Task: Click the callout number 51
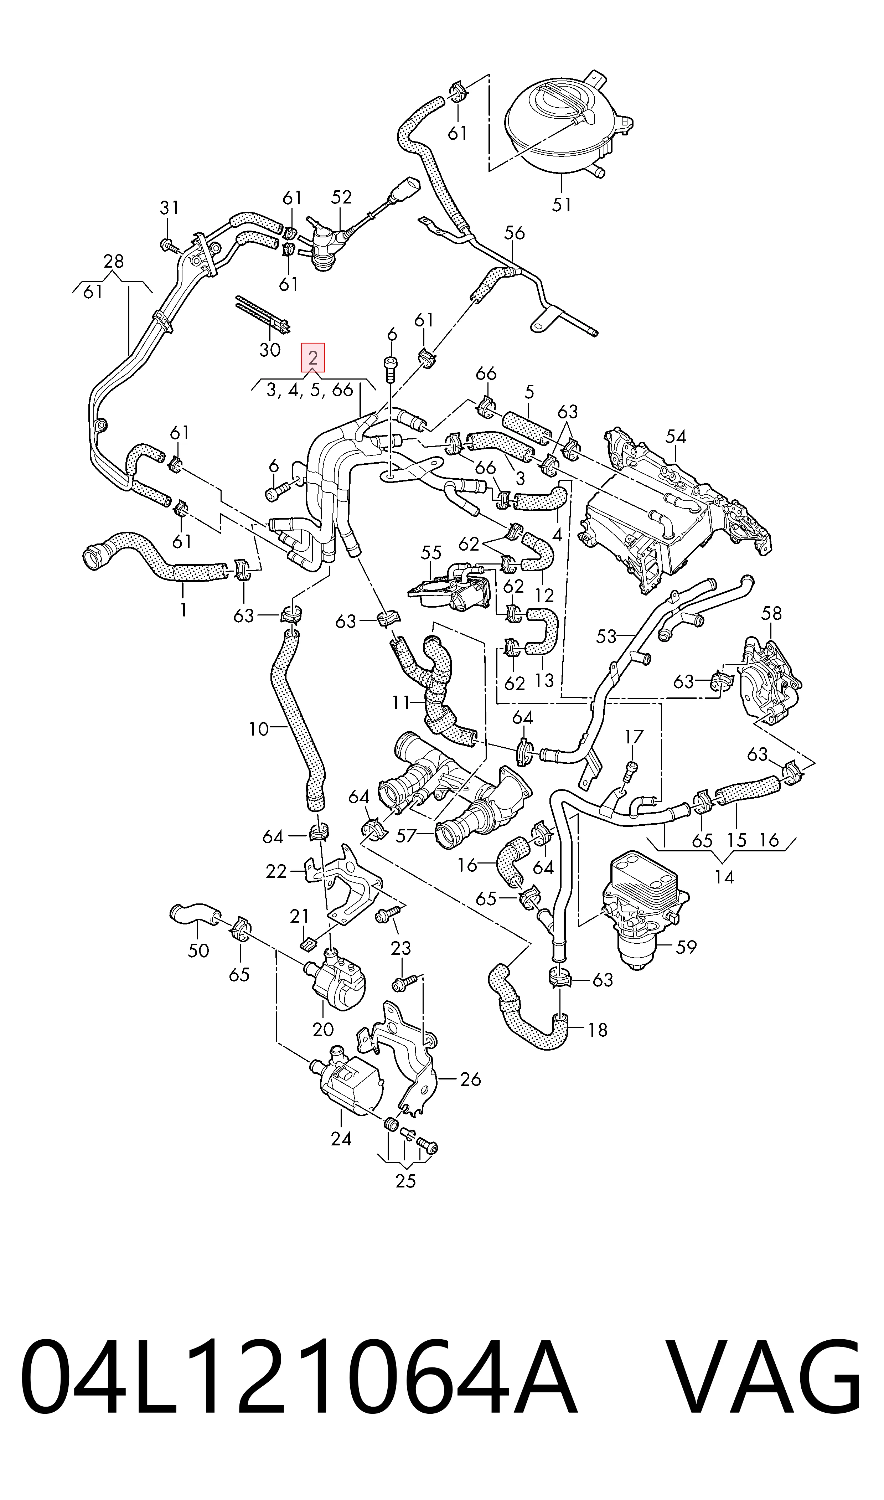(561, 204)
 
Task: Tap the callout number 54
(676, 437)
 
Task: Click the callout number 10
(259, 729)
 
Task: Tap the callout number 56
(514, 232)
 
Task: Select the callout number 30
(270, 350)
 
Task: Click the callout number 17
(634, 737)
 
